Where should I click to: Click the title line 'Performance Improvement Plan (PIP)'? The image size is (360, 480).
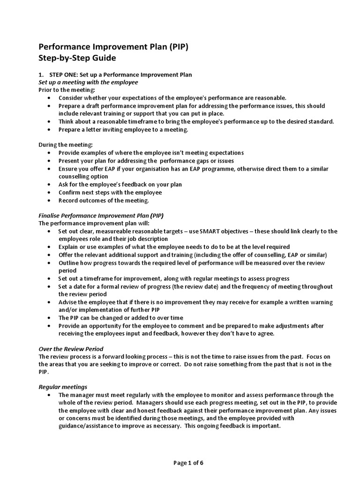point(113,47)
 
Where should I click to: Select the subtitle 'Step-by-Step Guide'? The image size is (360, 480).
point(76,59)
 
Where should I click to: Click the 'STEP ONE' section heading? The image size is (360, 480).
point(115,75)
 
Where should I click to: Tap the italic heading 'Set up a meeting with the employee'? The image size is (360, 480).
point(88,82)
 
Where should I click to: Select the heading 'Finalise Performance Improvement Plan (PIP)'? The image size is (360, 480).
point(101,216)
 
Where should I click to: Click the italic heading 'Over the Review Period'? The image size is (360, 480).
point(71,349)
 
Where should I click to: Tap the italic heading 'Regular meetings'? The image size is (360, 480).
point(63,387)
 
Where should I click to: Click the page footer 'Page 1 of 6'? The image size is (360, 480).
point(188,463)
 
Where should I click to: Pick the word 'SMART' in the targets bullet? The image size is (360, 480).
point(209,232)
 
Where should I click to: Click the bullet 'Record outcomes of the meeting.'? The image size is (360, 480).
point(104,201)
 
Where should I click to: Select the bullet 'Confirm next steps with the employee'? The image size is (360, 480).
point(110,193)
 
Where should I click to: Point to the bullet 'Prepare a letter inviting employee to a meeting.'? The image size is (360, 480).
point(123,130)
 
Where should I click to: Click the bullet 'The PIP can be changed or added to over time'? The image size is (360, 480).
point(120,318)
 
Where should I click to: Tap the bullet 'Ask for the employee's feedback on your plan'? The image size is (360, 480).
point(120,185)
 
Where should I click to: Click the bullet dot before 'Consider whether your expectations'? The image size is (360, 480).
point(50,98)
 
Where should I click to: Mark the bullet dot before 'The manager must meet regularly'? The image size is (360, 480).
point(50,395)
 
